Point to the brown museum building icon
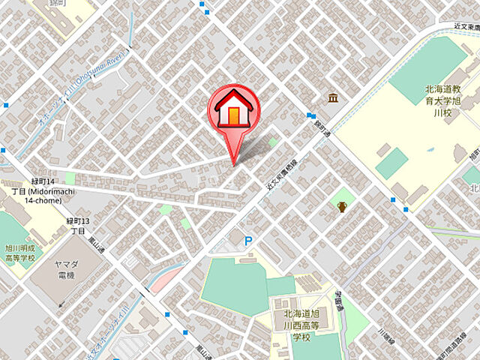[332, 97]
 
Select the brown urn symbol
[342, 206]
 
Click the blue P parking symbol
[249, 241]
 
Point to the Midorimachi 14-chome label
[42, 192]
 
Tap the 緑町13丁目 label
[78, 226]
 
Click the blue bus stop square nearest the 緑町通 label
[310, 115]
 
